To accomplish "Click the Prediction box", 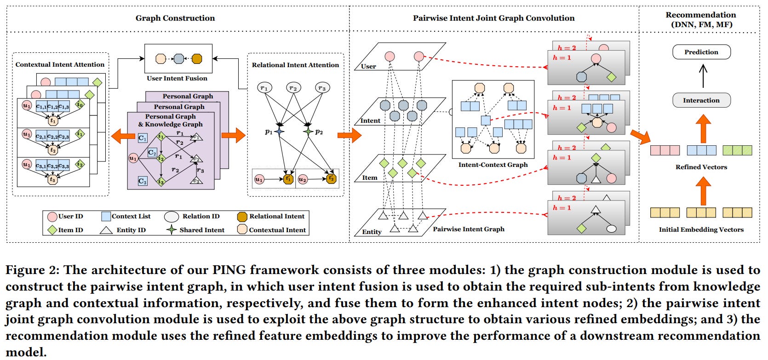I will coord(701,52).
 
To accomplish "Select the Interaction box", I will coord(701,100).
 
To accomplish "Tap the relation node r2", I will coord(293,87).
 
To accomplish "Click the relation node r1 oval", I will coord(264,87).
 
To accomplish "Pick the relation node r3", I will coord(322,87).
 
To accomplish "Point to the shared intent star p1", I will coord(280,131).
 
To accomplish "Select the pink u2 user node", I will coord(303,179).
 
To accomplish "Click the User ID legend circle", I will coord(52,217).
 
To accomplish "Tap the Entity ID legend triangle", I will coord(107,230).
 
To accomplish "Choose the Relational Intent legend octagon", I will coord(242,217).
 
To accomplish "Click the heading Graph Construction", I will coord(175,18).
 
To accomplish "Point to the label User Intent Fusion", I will coord(177,78).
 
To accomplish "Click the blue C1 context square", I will coord(143,138).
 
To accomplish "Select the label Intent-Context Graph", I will coord(493,165).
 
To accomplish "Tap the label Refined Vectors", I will coord(701,167).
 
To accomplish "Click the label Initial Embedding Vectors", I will coord(701,229).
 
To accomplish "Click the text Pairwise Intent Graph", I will coord(468,229).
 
